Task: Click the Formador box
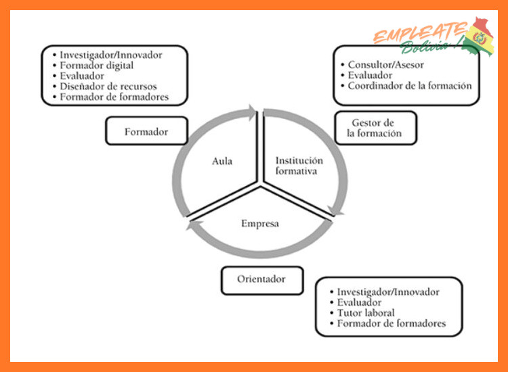(146, 131)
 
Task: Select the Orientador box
(262, 281)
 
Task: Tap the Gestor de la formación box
(375, 128)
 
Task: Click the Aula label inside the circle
(222, 161)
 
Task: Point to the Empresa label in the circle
(260, 223)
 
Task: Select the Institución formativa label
(299, 166)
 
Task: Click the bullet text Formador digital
(97, 66)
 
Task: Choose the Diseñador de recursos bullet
(108, 87)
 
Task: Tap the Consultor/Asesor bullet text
(385, 65)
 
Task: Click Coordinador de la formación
(410, 86)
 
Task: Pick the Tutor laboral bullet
(366, 312)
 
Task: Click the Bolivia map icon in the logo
(478, 37)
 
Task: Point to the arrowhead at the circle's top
(251, 112)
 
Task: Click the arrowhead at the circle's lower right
(336, 210)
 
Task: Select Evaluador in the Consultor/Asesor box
(370, 75)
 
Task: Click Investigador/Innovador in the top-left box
(111, 55)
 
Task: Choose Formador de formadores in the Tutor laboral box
(391, 323)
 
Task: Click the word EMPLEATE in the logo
(421, 32)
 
